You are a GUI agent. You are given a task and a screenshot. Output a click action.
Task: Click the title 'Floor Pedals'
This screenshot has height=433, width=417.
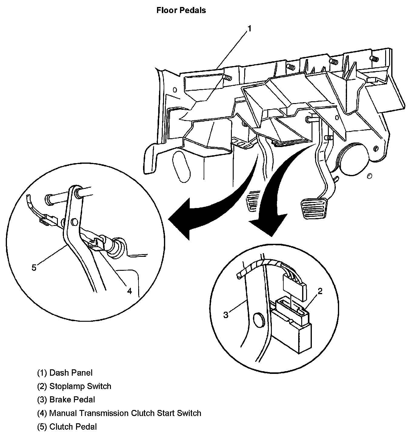181,10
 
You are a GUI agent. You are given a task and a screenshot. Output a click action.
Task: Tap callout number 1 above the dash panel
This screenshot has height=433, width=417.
249,29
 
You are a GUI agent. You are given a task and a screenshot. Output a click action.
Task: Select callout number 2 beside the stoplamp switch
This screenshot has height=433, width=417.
320,291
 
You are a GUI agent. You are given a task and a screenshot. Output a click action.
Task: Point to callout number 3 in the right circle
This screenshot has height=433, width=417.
226,315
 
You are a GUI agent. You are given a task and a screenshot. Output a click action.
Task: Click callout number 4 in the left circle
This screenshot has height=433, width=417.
129,291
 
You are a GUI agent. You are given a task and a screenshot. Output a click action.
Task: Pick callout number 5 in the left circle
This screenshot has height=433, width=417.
34,267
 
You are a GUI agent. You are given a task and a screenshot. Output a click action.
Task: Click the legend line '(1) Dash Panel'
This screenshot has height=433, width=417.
65,373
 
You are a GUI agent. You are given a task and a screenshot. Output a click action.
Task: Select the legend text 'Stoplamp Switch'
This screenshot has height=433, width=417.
80,386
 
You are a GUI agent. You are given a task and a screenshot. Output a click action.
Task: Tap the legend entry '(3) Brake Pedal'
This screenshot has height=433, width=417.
66,400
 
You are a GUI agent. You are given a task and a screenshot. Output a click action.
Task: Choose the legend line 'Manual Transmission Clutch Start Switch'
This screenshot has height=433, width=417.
125,413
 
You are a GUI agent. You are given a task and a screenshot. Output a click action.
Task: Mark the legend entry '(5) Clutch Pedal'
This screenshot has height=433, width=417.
67,427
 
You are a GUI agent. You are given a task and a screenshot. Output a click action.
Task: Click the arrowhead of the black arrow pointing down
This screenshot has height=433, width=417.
268,224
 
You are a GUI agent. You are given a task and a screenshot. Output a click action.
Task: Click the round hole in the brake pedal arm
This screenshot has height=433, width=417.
259,320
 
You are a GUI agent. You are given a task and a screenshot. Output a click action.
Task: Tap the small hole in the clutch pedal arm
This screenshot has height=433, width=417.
74,222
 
